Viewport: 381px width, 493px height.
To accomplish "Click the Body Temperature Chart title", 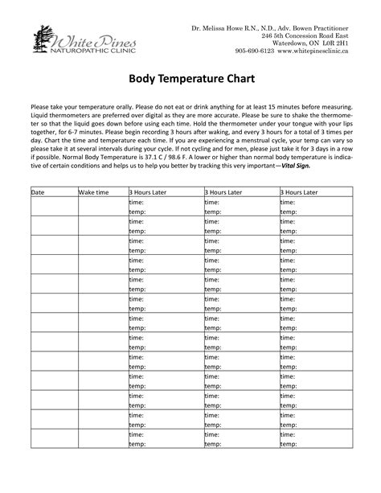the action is (190, 80).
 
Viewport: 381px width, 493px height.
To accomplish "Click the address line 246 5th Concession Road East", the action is (305, 38).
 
